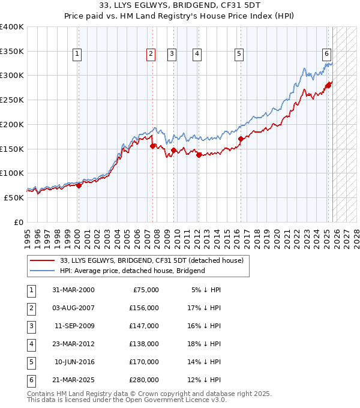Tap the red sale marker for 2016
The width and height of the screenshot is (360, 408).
241,139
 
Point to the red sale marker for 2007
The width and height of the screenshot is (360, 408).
152,146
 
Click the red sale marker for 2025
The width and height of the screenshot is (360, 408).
328,85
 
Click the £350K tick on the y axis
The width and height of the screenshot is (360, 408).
13,52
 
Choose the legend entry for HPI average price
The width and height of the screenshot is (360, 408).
132,271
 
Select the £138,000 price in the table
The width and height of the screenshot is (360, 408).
144,344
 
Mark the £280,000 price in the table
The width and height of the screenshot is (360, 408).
144,380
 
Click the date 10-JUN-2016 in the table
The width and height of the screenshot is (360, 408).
74,362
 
